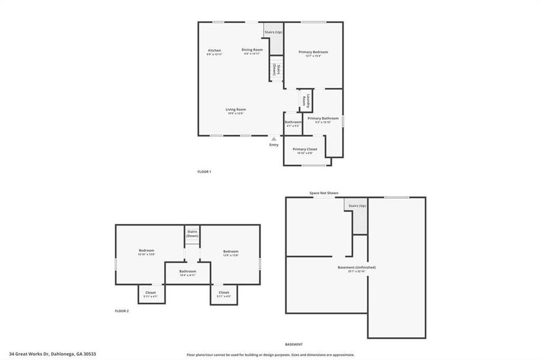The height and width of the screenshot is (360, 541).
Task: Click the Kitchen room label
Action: click(x=214, y=50)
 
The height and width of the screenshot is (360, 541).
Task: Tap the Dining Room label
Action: click(x=252, y=50)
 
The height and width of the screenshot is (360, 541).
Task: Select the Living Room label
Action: click(x=235, y=109)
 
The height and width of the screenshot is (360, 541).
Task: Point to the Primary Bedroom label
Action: click(x=313, y=52)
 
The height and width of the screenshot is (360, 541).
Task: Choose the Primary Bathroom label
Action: click(x=323, y=118)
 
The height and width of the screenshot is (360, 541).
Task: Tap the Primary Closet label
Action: click(x=304, y=149)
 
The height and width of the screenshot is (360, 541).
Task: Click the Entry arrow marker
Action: click(x=274, y=139)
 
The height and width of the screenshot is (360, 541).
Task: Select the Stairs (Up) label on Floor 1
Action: click(x=273, y=32)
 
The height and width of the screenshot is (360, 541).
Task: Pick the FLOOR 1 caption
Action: click(x=204, y=172)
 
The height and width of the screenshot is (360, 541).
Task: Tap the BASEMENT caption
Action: click(x=294, y=344)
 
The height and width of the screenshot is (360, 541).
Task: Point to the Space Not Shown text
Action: click(x=324, y=193)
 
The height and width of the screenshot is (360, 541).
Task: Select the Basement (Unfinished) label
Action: click(x=357, y=267)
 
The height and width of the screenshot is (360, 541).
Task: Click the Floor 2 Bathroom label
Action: click(x=187, y=271)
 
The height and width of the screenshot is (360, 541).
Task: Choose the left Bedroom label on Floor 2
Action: click(x=147, y=251)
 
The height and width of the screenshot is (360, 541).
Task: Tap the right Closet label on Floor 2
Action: click(x=223, y=292)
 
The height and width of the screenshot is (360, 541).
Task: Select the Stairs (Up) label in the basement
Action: click(x=357, y=206)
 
